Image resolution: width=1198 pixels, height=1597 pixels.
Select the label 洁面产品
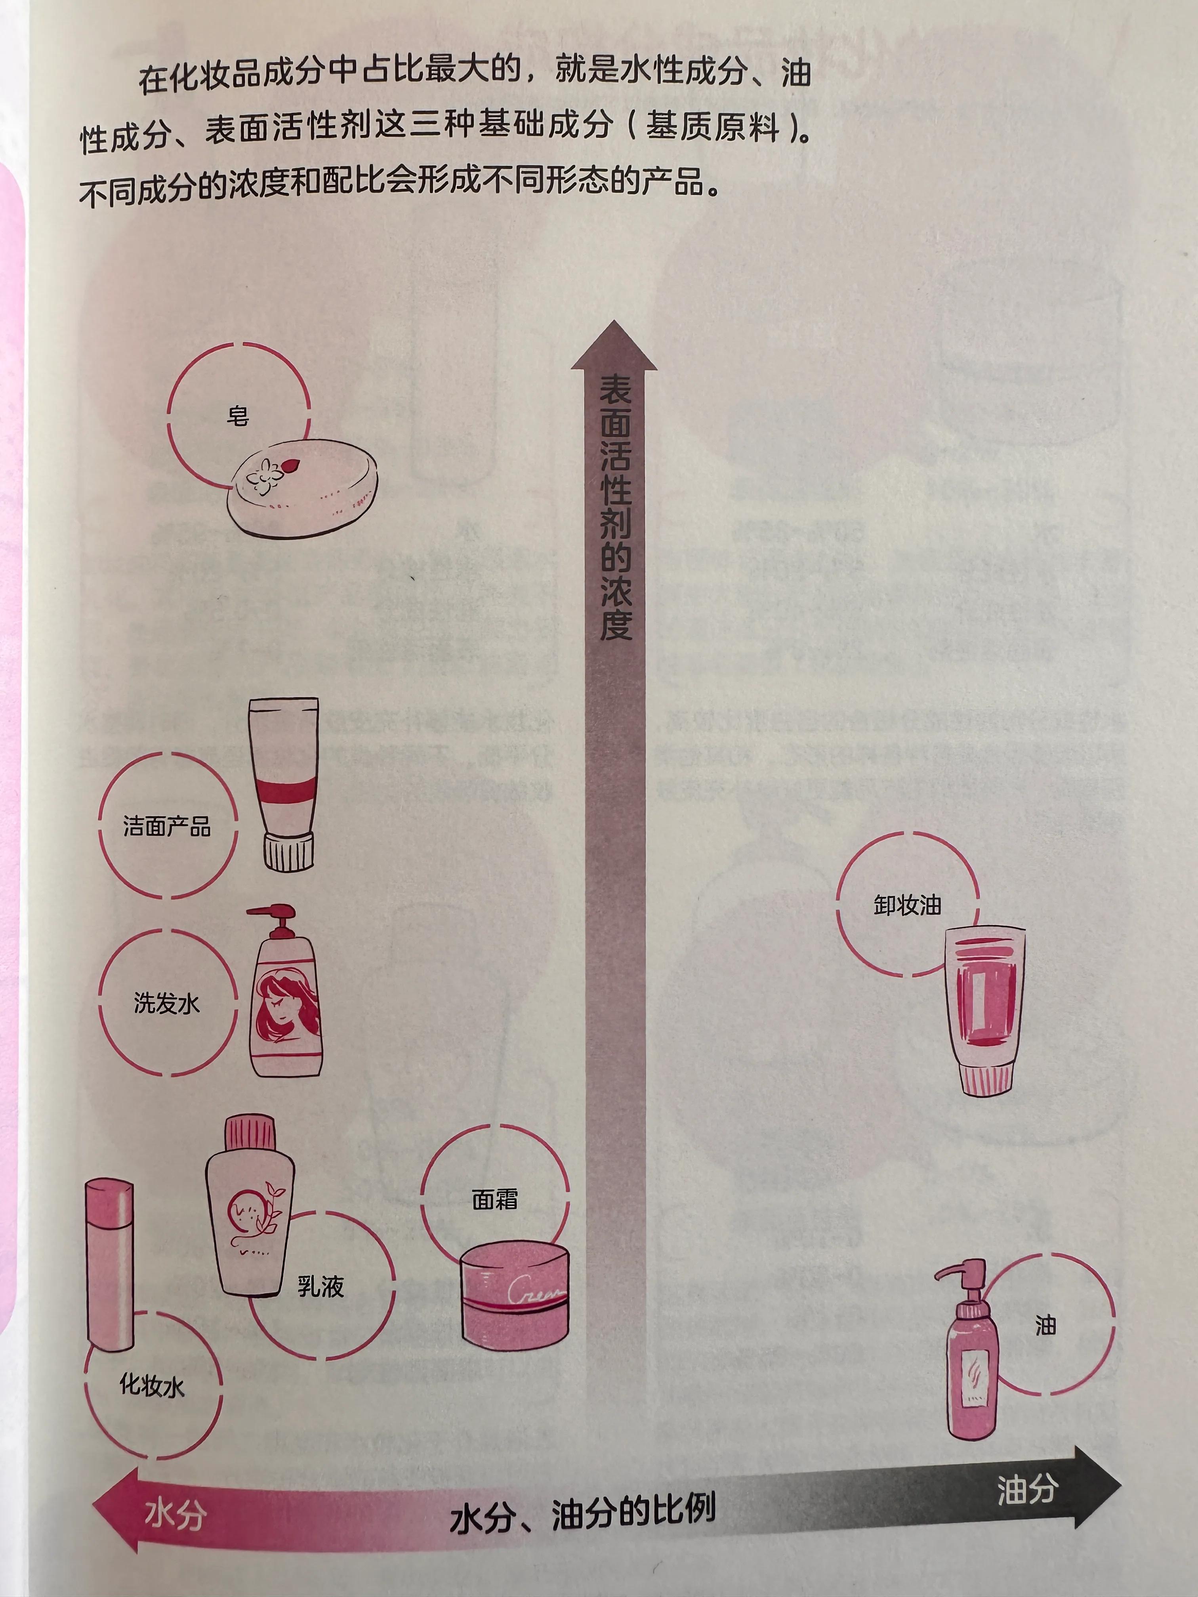167,826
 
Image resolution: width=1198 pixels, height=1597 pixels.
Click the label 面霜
495,1199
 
